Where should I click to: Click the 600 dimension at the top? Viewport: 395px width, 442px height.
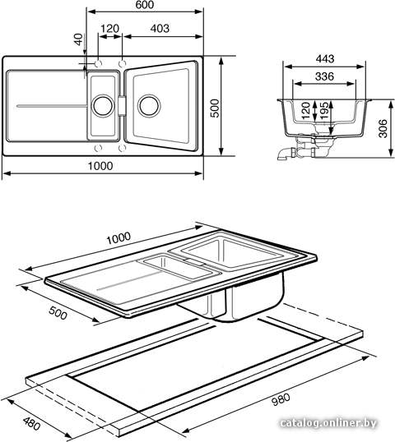click(x=144, y=5)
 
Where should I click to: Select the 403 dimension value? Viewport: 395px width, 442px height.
click(x=160, y=29)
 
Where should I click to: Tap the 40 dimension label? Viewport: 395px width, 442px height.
click(x=78, y=39)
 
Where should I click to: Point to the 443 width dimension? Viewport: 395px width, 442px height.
click(x=325, y=58)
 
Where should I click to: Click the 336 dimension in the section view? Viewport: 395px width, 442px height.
click(x=324, y=76)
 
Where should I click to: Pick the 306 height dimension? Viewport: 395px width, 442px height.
click(x=383, y=128)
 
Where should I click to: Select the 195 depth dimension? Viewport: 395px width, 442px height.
click(x=324, y=110)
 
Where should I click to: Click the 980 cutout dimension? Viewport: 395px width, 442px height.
click(x=281, y=399)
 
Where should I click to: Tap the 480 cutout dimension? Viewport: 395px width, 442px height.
click(x=31, y=424)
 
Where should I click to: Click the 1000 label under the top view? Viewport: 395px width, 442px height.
click(x=100, y=166)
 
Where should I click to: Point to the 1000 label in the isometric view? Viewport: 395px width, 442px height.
click(x=118, y=238)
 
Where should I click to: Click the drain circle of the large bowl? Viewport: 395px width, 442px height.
click(x=149, y=106)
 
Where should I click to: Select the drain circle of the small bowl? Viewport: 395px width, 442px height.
click(x=103, y=106)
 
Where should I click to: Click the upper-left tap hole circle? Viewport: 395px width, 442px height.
click(x=98, y=64)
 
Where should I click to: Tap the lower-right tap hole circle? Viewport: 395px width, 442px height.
click(x=122, y=148)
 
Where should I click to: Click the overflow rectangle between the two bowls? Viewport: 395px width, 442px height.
click(x=122, y=106)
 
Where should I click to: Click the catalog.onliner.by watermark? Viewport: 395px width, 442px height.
click(x=329, y=423)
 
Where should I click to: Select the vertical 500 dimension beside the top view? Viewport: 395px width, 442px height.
click(x=215, y=108)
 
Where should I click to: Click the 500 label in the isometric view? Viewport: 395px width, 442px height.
click(x=58, y=313)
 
